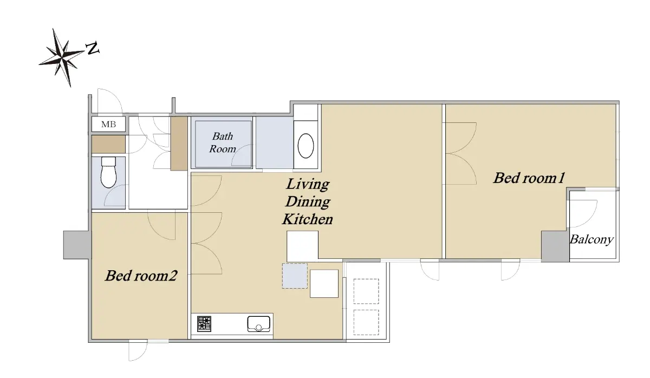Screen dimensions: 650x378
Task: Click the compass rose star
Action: (62, 57)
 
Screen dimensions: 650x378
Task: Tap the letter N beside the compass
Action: (93, 48)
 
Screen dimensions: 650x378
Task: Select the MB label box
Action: (108, 124)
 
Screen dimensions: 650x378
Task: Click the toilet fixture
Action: (108, 172)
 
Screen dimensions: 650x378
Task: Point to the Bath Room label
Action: (222, 142)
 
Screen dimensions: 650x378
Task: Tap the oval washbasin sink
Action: (305, 146)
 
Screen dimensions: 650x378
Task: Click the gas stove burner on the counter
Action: (204, 324)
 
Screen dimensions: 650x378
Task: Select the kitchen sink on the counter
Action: (258, 324)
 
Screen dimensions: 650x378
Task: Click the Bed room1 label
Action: (529, 178)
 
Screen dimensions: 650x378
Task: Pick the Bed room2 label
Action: (141, 275)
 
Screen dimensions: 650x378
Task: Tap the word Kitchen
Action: (307, 219)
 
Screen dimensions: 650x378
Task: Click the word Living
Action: (308, 185)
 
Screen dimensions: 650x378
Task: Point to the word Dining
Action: (308, 202)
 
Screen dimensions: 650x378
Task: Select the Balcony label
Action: (591, 239)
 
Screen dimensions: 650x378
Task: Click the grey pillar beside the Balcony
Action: (555, 246)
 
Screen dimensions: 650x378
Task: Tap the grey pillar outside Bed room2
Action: (76, 245)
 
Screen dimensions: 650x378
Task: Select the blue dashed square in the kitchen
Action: (295, 276)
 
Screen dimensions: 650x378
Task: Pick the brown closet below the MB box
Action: (108, 144)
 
